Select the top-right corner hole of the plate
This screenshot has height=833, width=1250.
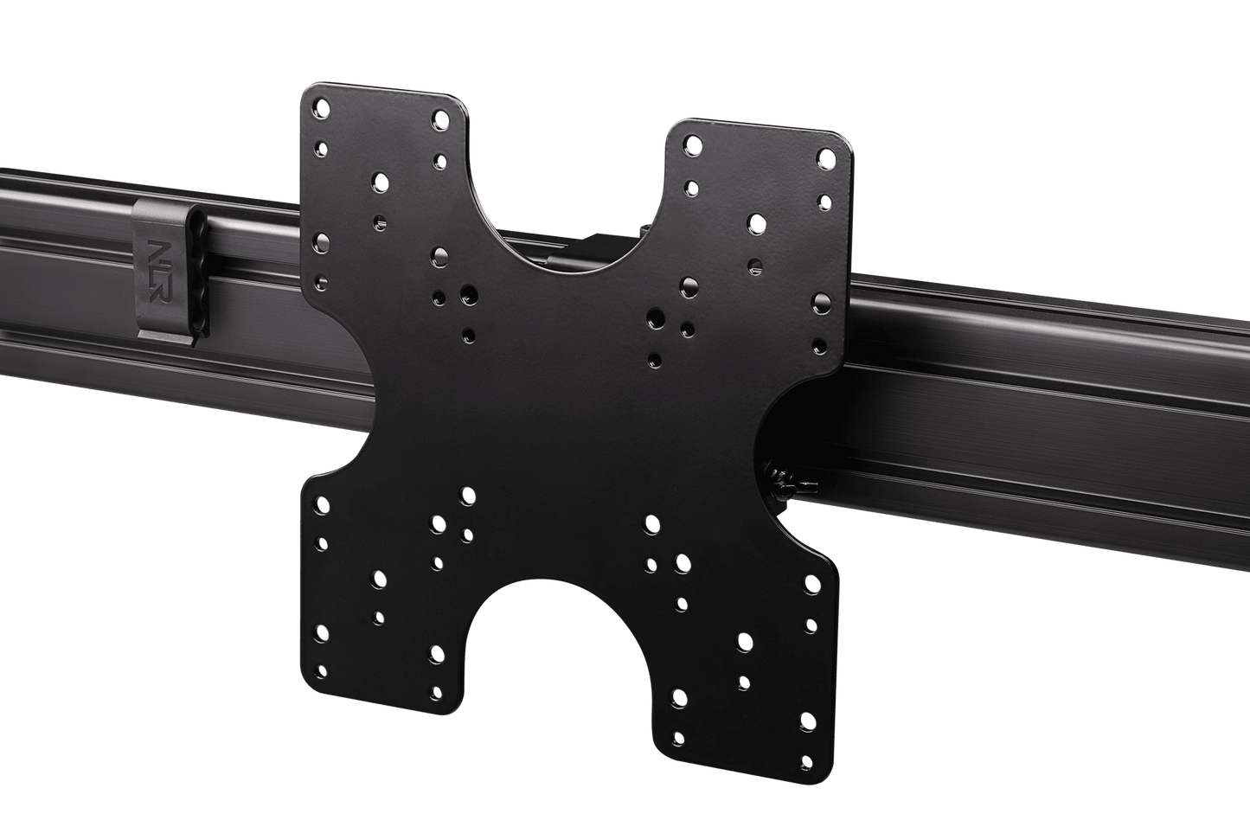point(826,158)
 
